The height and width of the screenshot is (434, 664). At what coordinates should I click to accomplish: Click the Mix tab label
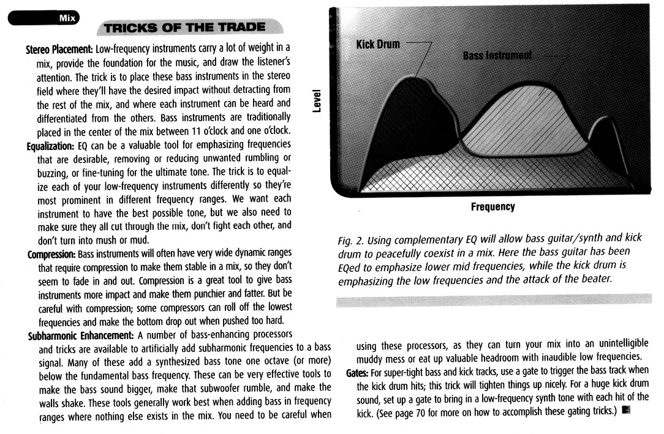click(x=67, y=18)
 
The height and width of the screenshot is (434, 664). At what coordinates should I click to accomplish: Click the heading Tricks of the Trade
click(x=184, y=27)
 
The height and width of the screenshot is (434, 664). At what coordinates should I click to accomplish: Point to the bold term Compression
click(x=52, y=253)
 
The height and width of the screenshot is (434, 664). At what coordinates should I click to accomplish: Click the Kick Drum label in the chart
click(x=379, y=45)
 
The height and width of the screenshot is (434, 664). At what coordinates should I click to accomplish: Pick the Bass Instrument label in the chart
click(x=497, y=56)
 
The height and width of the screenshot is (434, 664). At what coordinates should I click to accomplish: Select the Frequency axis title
click(x=492, y=207)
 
